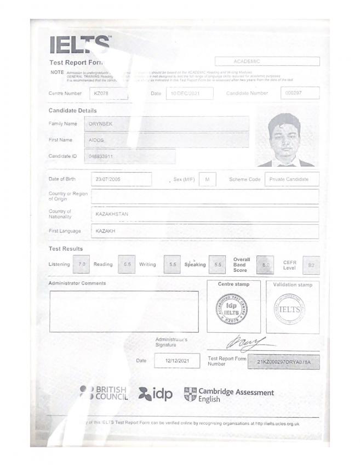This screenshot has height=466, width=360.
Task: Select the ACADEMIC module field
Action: (267, 61)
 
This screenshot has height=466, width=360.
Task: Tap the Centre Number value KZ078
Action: (108, 93)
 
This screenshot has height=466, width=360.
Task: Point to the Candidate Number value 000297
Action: (299, 93)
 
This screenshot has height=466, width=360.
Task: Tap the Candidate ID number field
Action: (130, 157)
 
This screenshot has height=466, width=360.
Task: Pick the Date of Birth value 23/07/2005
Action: (121, 179)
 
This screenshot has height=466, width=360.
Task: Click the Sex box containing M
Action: (207, 179)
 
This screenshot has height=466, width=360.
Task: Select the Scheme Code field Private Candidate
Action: (292, 179)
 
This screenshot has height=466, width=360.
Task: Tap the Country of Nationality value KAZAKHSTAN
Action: (204, 214)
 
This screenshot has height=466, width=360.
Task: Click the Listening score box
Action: (83, 265)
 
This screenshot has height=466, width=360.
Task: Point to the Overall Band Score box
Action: (265, 265)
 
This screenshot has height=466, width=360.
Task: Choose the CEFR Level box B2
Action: (311, 265)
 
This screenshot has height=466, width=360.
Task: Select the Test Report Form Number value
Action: (283, 362)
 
